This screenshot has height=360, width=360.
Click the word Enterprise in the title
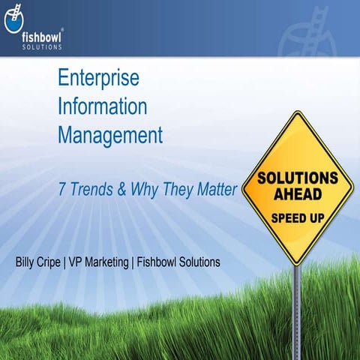[98, 78]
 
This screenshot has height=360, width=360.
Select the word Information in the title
[102, 107]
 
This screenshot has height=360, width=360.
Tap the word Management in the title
[110, 136]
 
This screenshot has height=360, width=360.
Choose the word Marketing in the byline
[120, 262]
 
